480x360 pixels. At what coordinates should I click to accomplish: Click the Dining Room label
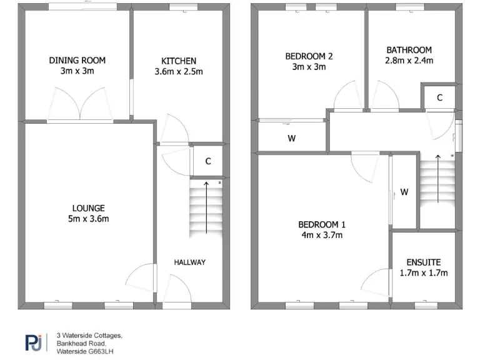coord(77,61)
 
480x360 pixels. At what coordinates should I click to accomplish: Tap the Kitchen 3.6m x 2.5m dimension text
coord(179,72)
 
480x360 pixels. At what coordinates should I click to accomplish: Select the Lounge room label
coord(88,208)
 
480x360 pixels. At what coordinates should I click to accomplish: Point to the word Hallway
coord(189,262)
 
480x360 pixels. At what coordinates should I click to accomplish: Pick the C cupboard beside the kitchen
coord(208,161)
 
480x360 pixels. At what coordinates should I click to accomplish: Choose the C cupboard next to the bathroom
coord(439,97)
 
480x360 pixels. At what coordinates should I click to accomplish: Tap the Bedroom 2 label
coord(309,56)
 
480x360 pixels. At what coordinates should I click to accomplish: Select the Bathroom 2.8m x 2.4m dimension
coord(409,61)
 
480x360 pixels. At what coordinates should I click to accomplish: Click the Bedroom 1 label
coord(321,225)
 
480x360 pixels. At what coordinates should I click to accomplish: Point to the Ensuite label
coord(423,262)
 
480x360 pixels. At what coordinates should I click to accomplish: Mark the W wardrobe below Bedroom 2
coord(291,139)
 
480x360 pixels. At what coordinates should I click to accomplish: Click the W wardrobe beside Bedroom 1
coord(404,192)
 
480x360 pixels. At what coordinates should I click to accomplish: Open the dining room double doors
coord(80,104)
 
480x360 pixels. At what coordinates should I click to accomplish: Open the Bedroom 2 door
coord(347,98)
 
